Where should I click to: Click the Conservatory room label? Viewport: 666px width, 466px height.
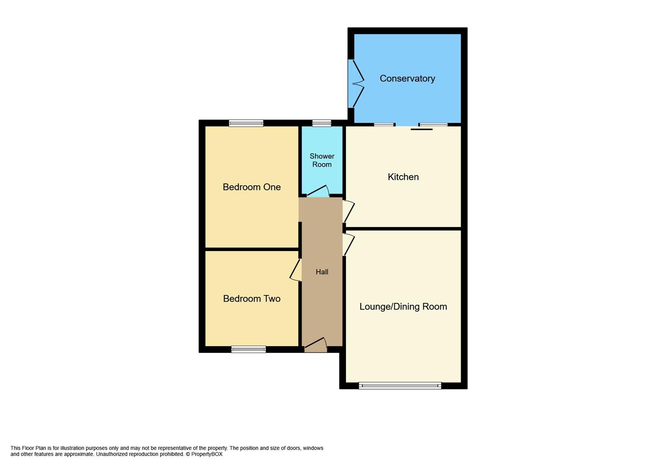(407, 79)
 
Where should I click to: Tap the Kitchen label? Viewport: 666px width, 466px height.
(403, 177)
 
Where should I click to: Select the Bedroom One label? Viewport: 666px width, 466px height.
(251, 187)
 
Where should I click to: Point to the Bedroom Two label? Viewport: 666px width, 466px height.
(251, 299)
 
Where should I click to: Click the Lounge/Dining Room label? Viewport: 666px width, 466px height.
(403, 306)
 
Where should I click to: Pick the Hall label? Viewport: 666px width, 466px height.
(322, 272)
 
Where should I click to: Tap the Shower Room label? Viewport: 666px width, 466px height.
(322, 160)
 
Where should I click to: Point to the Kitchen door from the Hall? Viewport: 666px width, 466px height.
(349, 211)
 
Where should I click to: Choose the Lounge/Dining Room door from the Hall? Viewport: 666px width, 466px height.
(349, 244)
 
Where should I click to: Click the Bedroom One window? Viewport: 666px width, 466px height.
(246, 123)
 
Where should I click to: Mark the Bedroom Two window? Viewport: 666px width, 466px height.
(248, 349)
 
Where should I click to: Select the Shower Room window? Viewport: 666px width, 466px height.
(322, 123)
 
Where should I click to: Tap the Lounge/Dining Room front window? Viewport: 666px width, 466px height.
(400, 386)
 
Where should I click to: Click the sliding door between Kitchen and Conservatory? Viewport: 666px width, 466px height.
(421, 129)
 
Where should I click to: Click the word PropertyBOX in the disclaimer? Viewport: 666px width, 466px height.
(207, 454)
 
